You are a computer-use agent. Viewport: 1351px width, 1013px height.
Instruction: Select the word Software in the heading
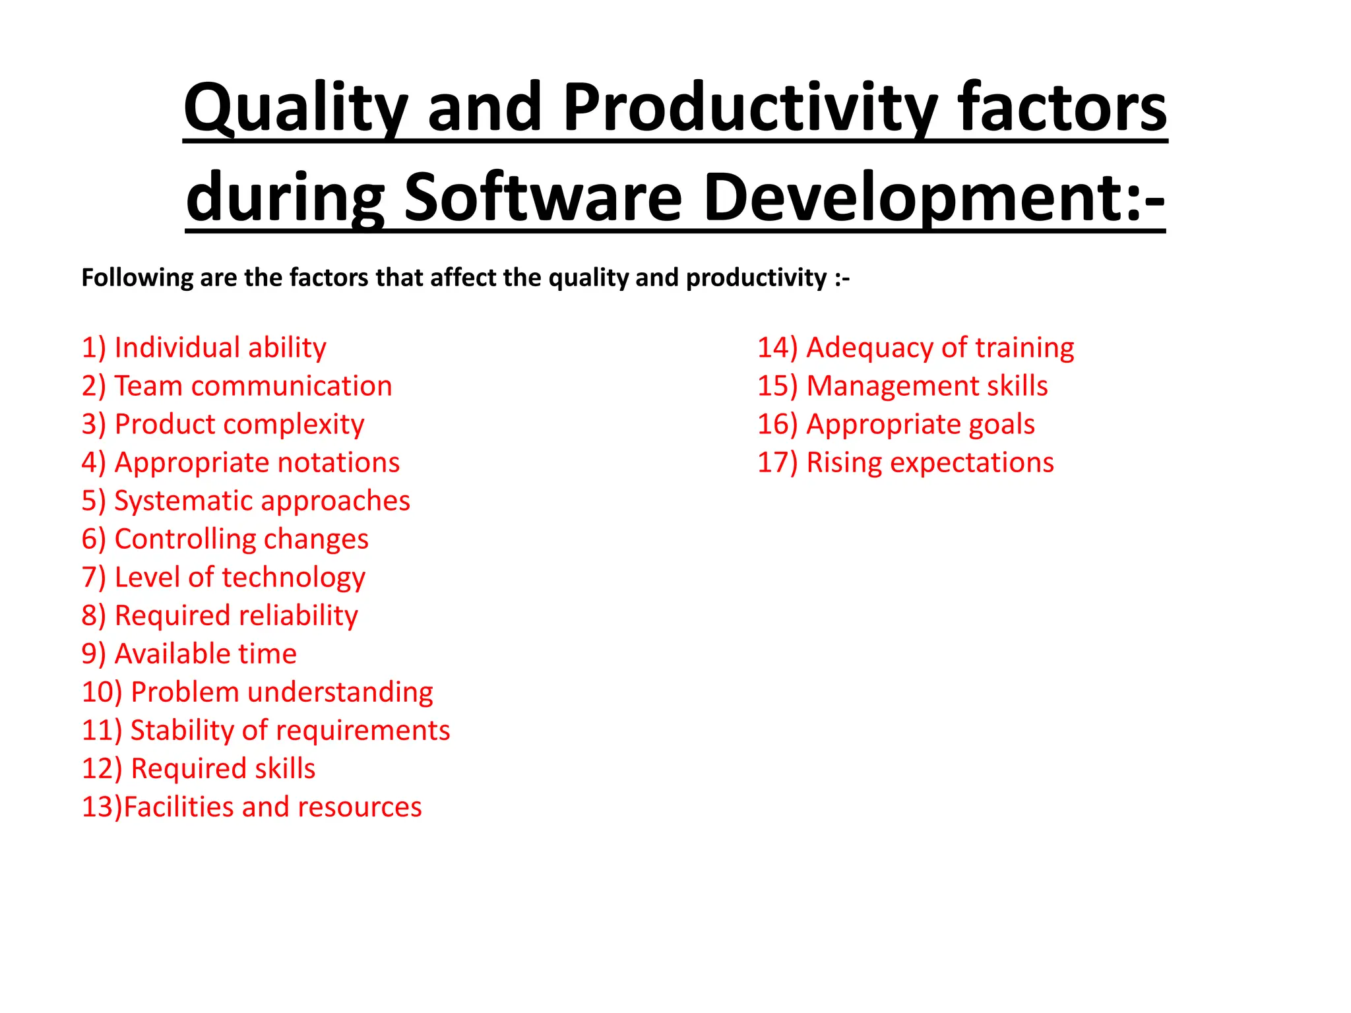[542, 198]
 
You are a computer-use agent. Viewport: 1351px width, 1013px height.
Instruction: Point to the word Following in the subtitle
[137, 278]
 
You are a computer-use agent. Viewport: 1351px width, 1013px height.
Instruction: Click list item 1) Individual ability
[204, 348]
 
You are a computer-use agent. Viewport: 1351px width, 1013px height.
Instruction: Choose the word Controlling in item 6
[175, 539]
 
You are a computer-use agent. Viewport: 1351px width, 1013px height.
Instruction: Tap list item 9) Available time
[189, 654]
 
